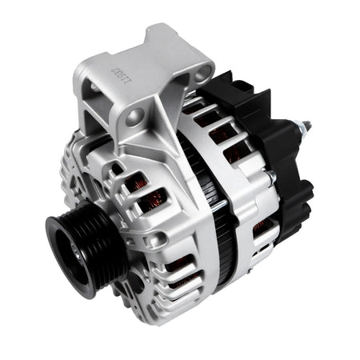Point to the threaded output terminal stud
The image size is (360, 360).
click(302, 128)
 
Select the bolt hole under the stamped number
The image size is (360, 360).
click(133, 118)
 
